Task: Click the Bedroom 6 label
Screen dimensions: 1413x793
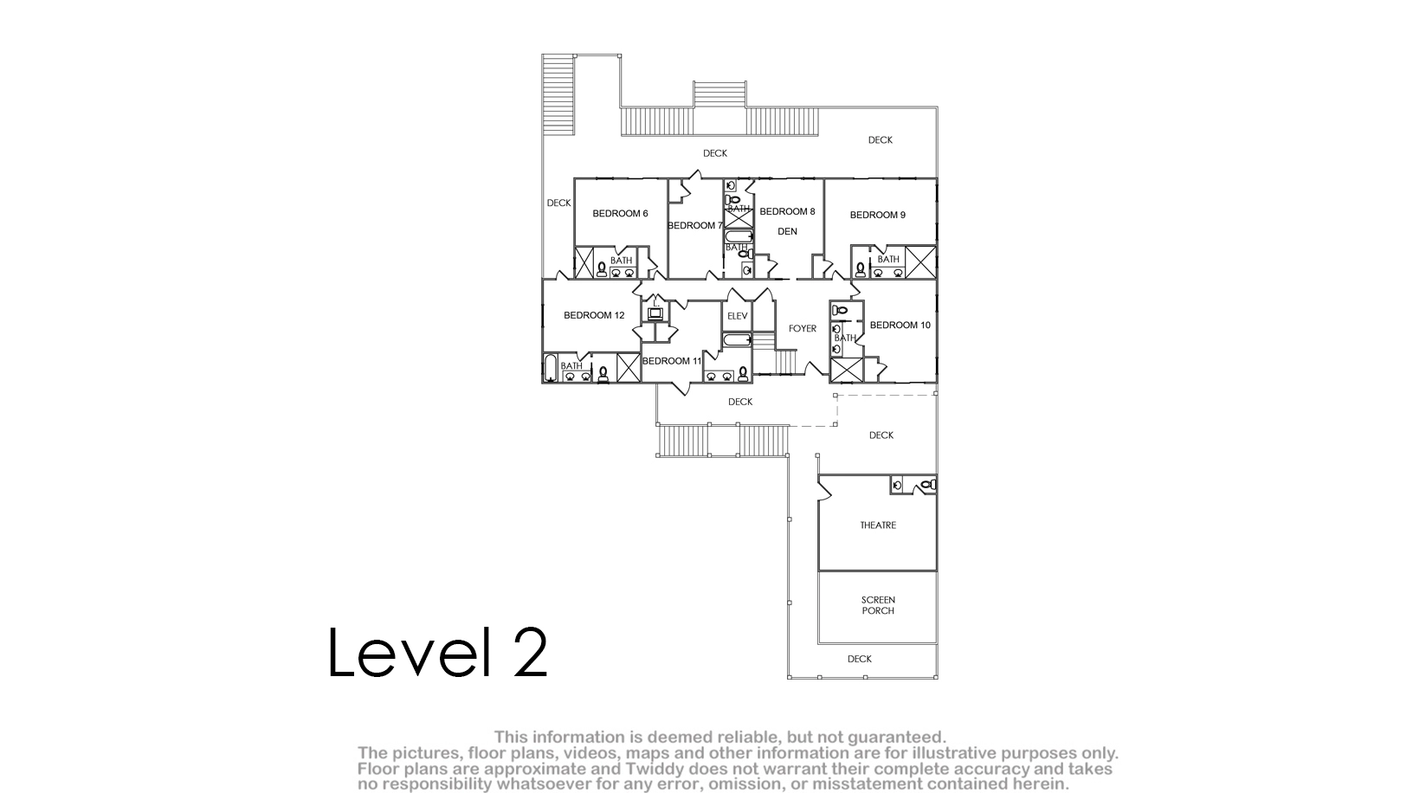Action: tap(620, 213)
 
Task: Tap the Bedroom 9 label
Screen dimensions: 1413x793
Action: tap(877, 215)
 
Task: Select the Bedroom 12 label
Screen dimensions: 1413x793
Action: tap(594, 315)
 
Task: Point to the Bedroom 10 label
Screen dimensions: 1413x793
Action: tap(900, 325)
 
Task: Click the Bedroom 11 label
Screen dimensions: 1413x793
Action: tap(672, 361)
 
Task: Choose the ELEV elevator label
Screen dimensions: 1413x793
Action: tap(738, 316)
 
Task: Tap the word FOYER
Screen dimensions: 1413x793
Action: tap(803, 329)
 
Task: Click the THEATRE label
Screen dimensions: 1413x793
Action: tap(878, 525)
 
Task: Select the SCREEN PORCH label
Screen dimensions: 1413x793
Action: tap(878, 605)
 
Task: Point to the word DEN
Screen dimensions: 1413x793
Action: tap(787, 231)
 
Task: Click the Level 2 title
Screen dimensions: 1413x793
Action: tap(438, 652)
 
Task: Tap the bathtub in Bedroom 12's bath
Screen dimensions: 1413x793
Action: tap(550, 368)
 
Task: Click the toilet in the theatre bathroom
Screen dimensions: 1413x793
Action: tap(928, 485)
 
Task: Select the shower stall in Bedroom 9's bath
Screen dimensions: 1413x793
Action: tap(920, 261)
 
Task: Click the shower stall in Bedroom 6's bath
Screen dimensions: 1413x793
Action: tap(584, 263)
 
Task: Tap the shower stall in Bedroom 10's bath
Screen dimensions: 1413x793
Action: tap(847, 371)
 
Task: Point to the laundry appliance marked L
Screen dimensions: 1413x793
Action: tap(655, 313)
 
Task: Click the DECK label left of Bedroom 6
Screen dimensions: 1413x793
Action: tap(559, 203)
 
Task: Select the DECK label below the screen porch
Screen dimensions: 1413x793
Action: tap(859, 659)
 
